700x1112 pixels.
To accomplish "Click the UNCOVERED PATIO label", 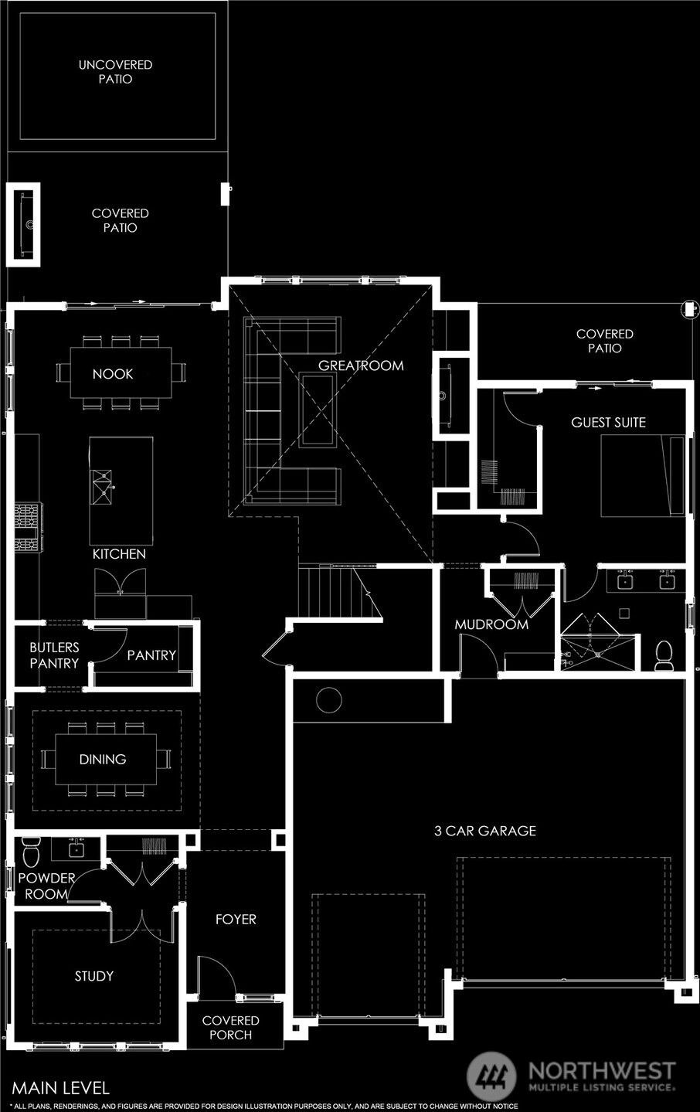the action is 115,72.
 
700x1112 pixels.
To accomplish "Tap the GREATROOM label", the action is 361,366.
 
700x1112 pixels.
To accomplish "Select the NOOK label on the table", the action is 113,374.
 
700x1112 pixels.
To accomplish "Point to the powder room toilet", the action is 31,852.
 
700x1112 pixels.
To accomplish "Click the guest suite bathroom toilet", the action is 663,656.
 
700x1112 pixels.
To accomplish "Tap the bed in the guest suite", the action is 642,476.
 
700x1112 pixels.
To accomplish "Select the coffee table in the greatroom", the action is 318,410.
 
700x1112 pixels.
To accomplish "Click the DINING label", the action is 103,759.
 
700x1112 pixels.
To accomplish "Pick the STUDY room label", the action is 93,977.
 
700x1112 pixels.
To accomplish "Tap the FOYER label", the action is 236,920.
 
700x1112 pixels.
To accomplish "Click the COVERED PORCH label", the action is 230,1028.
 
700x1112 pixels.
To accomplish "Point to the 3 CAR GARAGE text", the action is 485,831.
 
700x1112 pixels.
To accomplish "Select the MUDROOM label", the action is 491,624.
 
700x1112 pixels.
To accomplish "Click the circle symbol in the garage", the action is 328,700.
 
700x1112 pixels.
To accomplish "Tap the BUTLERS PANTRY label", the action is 54,655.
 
